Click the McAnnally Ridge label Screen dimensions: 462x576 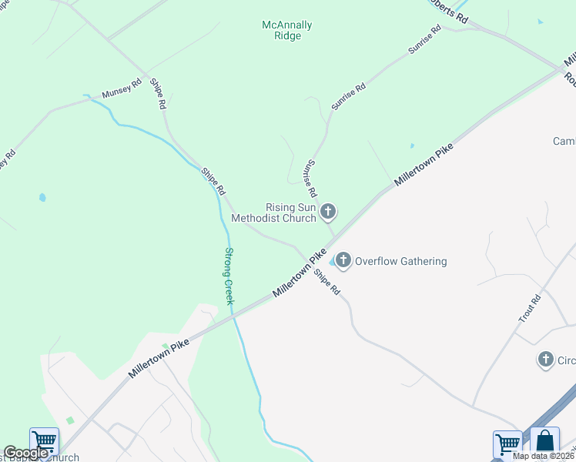(287, 30)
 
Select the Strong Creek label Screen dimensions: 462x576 (229, 276)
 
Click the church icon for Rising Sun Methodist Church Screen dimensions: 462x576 (329, 211)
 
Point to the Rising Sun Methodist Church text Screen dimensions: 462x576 (291, 213)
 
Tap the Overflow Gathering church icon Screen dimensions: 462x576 (343, 261)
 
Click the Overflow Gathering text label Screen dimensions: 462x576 (400, 261)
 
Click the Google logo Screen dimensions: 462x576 (25, 453)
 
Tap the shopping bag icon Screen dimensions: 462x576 (544, 441)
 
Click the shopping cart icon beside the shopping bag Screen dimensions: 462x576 (507, 444)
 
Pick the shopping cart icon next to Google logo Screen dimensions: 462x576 (44, 441)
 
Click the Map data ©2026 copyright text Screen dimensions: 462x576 (544, 456)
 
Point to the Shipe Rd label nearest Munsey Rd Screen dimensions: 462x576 (158, 95)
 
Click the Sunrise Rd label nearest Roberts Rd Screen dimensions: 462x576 (424, 39)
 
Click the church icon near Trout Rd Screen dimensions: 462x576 (545, 359)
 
